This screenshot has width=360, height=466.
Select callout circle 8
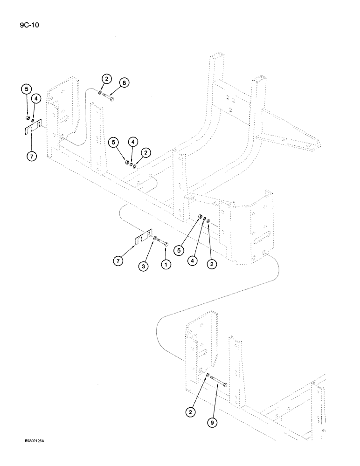coord(124,83)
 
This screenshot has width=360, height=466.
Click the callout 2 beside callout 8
coord(107,79)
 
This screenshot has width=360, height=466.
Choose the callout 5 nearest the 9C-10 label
coord(27,88)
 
